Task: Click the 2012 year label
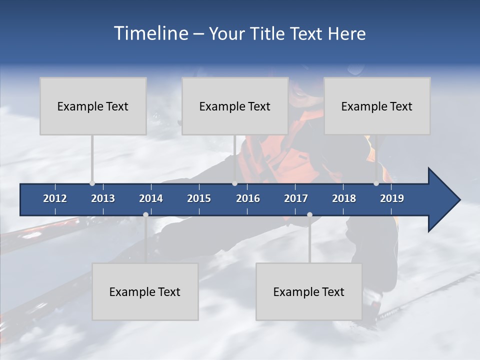click(55, 198)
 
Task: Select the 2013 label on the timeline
click(103, 198)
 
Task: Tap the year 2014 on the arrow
click(151, 198)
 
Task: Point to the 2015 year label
click(199, 198)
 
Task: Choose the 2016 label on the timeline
click(248, 198)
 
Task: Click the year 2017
click(296, 198)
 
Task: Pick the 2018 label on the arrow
click(344, 198)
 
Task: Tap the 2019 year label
click(392, 198)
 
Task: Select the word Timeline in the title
click(150, 33)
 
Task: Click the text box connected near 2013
click(93, 106)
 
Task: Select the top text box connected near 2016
click(235, 106)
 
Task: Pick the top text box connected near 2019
click(377, 106)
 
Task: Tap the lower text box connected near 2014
click(145, 291)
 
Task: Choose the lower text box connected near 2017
click(309, 291)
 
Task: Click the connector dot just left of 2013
click(92, 183)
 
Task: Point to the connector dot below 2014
click(145, 215)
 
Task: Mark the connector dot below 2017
click(309, 215)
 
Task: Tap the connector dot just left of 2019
click(376, 183)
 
